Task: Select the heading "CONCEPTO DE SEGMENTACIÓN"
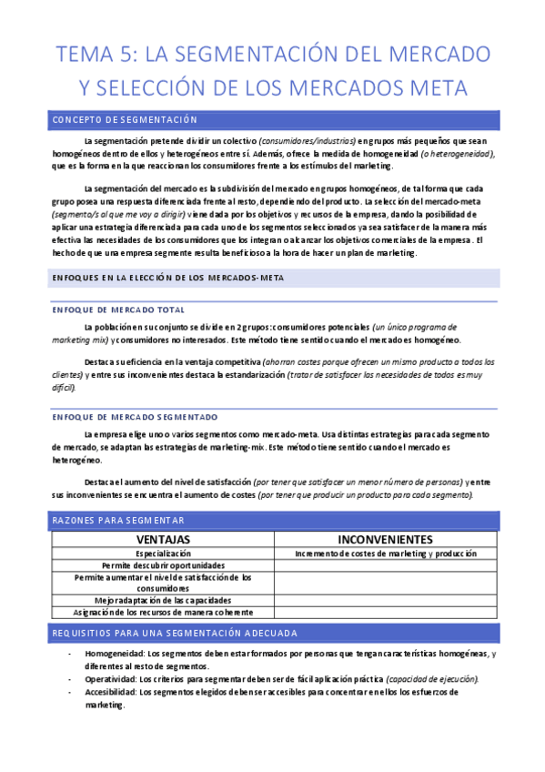pyautogui.click(x=126, y=119)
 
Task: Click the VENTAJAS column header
pyautogui.click(x=163, y=539)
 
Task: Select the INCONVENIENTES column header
pyautogui.click(x=387, y=539)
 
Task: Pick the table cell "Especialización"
pyautogui.click(x=163, y=554)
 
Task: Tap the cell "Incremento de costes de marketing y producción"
pyautogui.click(x=387, y=554)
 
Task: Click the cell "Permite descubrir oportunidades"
pyautogui.click(x=163, y=565)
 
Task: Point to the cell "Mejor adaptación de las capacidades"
pyautogui.click(x=163, y=600)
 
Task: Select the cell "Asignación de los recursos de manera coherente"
pyautogui.click(x=163, y=612)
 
